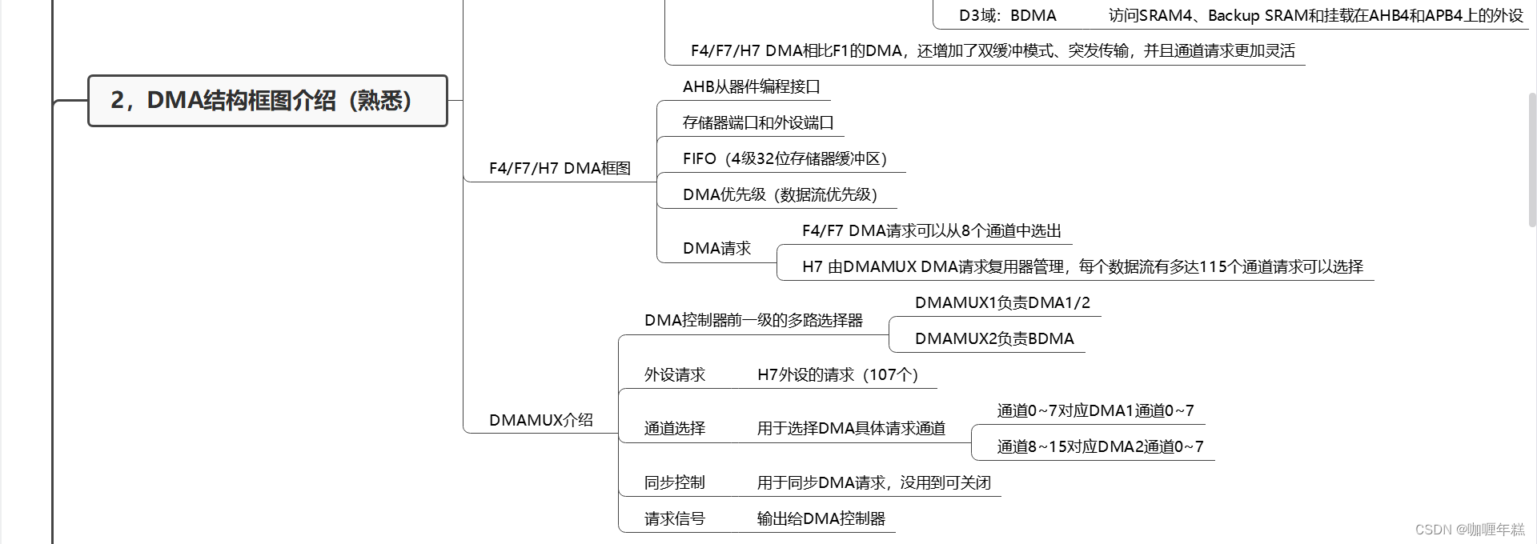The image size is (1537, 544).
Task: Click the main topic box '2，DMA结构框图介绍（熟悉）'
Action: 267,101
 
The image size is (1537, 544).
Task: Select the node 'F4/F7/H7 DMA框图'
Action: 560,168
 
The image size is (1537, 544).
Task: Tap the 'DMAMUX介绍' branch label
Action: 540,420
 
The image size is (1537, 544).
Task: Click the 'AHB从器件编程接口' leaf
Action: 751,86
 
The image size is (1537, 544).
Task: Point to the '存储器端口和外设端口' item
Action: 758,122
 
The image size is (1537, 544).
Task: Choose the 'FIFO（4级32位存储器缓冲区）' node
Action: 785,158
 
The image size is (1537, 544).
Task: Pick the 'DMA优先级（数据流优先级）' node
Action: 780,194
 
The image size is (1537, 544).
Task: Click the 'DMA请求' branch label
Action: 716,248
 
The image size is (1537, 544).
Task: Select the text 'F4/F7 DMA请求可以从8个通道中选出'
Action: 931,230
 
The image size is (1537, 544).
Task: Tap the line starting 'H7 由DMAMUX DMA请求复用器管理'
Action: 1082,266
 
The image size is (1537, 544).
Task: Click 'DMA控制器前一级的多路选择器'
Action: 753,320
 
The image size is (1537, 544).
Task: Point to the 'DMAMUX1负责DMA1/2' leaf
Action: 1002,302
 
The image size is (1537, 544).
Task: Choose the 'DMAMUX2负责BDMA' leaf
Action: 994,338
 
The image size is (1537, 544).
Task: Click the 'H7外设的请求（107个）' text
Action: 837,374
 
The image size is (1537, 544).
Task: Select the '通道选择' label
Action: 674,428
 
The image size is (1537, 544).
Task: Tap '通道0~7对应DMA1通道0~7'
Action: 1095,410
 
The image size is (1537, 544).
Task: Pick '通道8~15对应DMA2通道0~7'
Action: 1100,446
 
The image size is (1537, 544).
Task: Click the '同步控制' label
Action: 674,482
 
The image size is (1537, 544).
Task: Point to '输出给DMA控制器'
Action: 821,518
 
